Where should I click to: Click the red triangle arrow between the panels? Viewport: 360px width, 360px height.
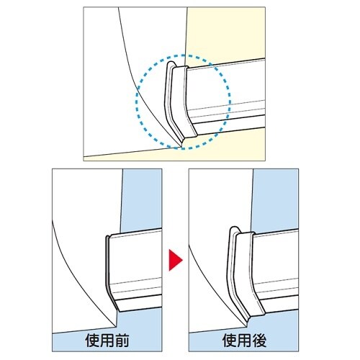(175, 260)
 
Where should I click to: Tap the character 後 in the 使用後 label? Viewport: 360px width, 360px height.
(259, 340)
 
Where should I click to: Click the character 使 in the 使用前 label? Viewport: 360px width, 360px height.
(93, 340)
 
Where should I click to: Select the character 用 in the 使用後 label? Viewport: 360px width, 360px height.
(244, 340)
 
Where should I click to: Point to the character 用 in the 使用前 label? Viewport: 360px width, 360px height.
(107, 340)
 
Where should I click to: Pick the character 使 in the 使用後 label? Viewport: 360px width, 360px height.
(230, 340)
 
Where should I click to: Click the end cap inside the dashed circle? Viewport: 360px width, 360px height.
(178, 103)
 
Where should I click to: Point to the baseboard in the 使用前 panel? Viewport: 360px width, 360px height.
(135, 270)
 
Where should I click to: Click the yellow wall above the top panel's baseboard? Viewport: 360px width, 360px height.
(225, 34)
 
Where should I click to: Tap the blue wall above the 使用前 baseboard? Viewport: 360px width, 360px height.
(142, 199)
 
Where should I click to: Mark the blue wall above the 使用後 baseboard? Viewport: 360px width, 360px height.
(275, 199)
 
